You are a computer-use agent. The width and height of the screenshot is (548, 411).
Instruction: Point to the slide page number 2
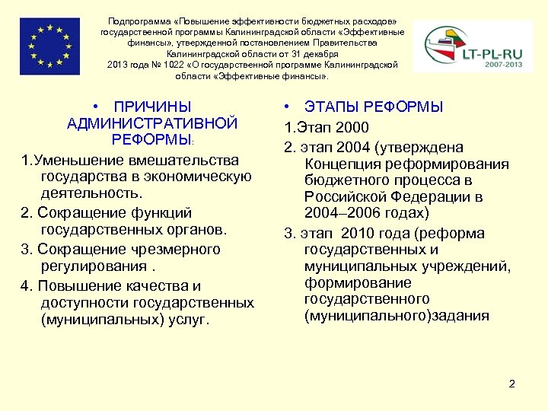pyautogui.click(x=512, y=384)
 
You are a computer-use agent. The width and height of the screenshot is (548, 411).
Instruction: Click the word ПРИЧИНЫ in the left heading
pyautogui.click(x=151, y=107)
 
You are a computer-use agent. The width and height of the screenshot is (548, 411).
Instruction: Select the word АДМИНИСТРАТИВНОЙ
pyautogui.click(x=152, y=123)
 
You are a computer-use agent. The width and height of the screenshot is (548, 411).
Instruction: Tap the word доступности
pyautogui.click(x=84, y=303)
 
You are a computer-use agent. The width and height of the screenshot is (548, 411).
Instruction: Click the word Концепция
pyautogui.click(x=342, y=164)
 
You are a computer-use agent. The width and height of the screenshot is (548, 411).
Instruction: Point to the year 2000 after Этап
pyautogui.click(x=352, y=126)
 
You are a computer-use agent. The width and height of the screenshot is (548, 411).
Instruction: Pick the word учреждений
pyautogui.click(x=472, y=266)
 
